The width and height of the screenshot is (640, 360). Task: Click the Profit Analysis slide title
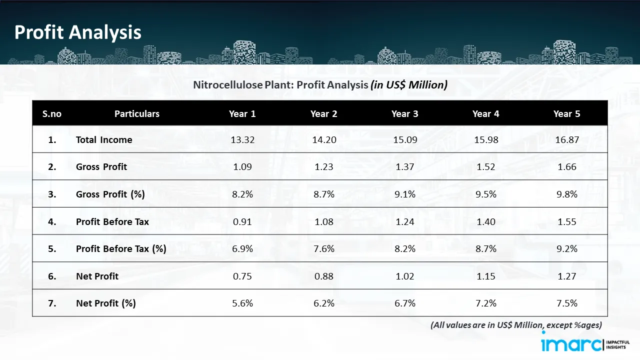click(x=78, y=32)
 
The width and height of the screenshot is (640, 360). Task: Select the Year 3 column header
click(x=404, y=114)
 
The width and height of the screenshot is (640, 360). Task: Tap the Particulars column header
click(x=136, y=114)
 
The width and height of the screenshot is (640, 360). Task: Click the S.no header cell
click(x=52, y=114)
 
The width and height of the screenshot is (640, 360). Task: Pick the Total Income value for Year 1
click(x=242, y=140)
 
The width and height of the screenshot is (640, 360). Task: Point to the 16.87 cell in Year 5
click(x=567, y=140)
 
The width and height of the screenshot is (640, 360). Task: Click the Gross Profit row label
click(x=101, y=167)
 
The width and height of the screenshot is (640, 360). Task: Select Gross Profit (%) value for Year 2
click(x=324, y=194)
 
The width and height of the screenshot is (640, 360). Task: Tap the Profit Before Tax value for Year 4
click(x=485, y=221)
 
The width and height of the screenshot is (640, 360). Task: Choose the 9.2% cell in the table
click(x=567, y=249)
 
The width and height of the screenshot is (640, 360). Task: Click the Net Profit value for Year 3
click(x=404, y=276)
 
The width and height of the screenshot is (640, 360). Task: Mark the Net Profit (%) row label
click(x=106, y=303)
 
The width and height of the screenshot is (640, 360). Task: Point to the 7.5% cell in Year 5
click(x=567, y=303)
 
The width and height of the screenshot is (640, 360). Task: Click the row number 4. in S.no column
click(x=52, y=221)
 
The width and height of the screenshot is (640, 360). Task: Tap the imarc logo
click(x=573, y=344)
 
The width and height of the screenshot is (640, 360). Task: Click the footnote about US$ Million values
click(x=516, y=325)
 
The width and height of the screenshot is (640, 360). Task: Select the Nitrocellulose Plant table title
click(x=320, y=85)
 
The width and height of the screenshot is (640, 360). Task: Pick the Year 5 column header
click(x=566, y=114)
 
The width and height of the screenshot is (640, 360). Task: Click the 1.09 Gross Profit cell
click(x=242, y=167)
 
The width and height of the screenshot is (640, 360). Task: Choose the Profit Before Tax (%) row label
click(x=121, y=249)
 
